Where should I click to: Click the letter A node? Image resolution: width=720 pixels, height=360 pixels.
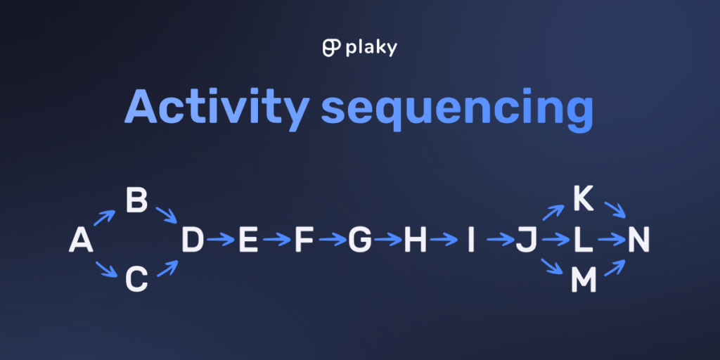[x=81, y=240]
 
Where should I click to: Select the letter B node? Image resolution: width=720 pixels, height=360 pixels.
[x=136, y=200]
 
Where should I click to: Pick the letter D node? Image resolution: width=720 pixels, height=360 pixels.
[x=193, y=240]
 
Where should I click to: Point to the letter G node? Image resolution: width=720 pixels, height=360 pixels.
[x=359, y=240]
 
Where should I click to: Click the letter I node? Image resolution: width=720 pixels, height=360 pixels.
[x=470, y=240]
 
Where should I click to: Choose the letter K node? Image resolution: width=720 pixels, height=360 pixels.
[x=584, y=199]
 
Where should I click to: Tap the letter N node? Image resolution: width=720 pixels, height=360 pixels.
[x=638, y=240]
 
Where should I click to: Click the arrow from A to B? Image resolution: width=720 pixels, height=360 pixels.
[x=105, y=218]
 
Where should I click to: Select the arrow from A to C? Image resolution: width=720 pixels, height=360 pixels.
[x=107, y=269]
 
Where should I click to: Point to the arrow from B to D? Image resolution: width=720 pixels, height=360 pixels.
[x=166, y=214]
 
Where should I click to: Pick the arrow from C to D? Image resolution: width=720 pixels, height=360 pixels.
[x=167, y=268]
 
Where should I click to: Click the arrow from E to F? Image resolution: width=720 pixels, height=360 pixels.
[x=277, y=239]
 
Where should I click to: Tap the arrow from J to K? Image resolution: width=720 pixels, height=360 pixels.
[x=553, y=212]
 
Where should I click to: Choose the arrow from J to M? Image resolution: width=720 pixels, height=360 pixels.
[x=553, y=266]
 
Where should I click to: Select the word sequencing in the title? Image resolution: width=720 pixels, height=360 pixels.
[x=457, y=109]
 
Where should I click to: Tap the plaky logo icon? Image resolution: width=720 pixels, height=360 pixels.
[x=332, y=48]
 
